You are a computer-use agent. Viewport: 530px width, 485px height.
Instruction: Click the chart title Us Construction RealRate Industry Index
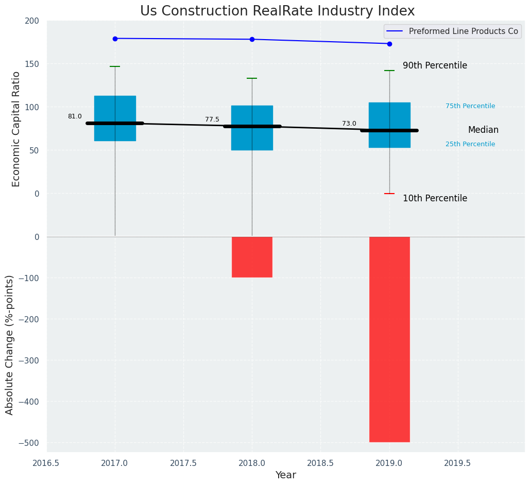point(277,11)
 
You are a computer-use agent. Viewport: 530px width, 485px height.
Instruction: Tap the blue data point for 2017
point(115,39)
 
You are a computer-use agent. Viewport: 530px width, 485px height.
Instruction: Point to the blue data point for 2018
point(252,40)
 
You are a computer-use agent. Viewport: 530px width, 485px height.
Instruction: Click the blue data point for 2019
point(389,44)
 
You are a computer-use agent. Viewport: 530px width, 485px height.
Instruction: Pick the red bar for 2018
point(252,257)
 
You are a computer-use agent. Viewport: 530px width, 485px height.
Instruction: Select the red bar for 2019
point(389,339)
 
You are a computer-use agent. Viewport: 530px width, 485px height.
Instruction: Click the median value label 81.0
point(75,117)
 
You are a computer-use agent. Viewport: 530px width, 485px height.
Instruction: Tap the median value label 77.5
point(212,120)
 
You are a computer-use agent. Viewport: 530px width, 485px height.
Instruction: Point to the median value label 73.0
point(349,124)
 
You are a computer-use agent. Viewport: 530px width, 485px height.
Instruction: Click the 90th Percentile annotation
point(435,66)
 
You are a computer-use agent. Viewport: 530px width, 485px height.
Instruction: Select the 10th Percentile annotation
point(435,199)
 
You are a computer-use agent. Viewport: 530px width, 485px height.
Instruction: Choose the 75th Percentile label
point(470,107)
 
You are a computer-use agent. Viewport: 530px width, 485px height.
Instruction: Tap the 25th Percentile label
point(470,145)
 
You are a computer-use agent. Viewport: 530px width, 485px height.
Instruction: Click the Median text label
point(483,130)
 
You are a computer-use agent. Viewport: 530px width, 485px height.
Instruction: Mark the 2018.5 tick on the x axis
point(320,463)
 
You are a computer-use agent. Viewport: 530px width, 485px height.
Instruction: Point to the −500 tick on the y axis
point(28,443)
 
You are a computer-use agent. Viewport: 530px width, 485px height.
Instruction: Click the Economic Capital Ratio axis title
point(16,129)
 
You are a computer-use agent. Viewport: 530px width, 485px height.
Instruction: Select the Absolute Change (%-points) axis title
point(10,344)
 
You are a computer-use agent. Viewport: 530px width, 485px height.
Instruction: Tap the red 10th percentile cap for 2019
point(389,194)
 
